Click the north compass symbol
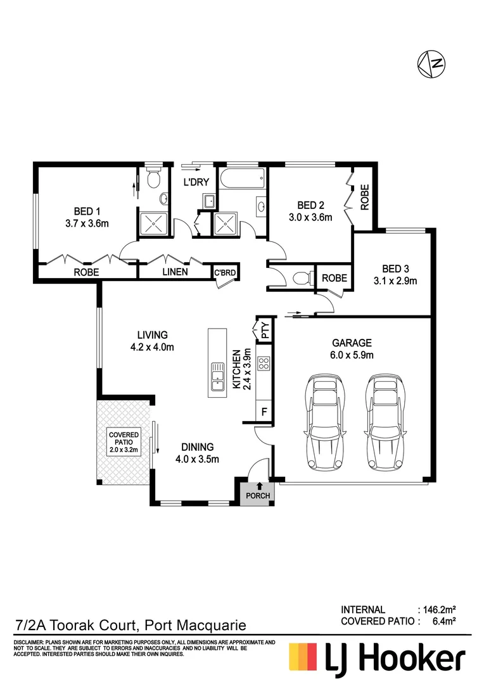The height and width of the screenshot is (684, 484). (431, 62)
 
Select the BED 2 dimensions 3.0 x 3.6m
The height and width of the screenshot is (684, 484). (310, 217)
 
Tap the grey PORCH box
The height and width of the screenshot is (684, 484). (257, 495)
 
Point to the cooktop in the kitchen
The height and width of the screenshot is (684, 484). (264, 364)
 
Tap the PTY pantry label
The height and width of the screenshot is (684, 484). (264, 329)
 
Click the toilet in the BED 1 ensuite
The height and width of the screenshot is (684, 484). (151, 179)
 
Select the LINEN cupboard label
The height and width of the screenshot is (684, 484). (174, 272)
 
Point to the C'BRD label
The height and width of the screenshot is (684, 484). (225, 273)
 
